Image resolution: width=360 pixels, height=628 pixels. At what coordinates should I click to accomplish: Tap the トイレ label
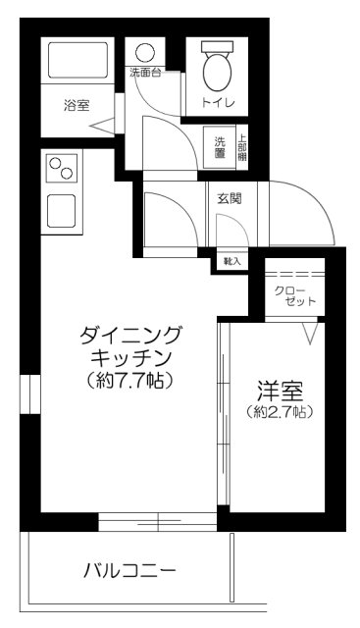point(216,101)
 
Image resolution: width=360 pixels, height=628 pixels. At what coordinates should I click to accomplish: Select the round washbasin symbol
point(146,52)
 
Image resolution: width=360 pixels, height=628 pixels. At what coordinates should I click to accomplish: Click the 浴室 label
point(77,106)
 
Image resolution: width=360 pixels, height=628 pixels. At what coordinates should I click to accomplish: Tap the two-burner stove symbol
point(62,169)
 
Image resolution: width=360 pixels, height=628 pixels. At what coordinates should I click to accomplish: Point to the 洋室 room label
point(280,388)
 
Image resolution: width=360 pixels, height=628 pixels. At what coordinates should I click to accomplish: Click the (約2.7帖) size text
point(280,412)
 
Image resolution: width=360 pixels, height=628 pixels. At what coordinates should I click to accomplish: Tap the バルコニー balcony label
point(129,569)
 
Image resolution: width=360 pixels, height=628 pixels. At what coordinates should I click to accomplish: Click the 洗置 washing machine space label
point(221,145)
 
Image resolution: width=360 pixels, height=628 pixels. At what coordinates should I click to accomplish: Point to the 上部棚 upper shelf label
point(241,145)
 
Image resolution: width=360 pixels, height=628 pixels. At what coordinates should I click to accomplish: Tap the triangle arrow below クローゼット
point(310,336)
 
